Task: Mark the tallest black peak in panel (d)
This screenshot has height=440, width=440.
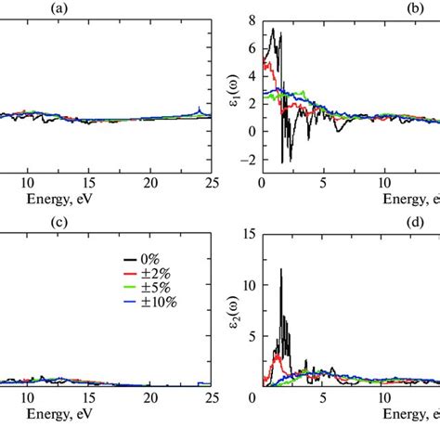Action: click(281, 270)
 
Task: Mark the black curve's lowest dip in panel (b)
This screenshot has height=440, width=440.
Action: click(282, 162)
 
